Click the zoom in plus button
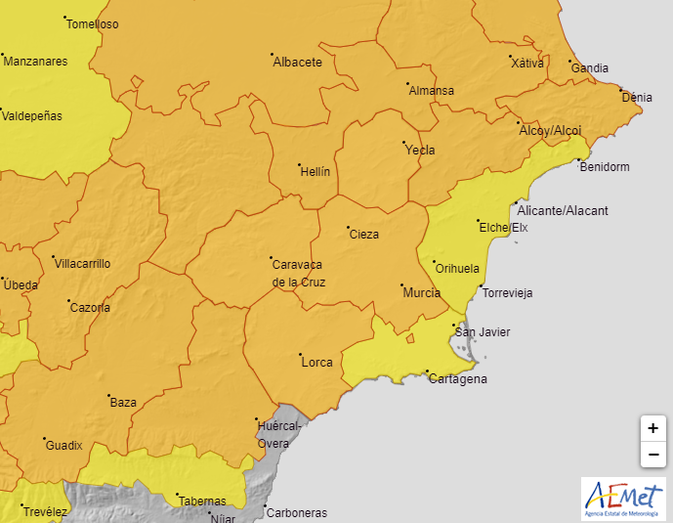652,428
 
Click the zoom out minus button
652,455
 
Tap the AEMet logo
623,499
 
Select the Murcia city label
421,292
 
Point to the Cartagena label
457,379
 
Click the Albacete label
297,62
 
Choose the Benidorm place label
605,167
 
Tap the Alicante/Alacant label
562,211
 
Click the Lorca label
316,363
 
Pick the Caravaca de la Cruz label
298,273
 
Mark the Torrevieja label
507,293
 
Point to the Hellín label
314,171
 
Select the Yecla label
420,151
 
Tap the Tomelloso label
94,24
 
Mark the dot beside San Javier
453,327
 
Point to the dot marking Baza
107,397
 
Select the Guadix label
63,446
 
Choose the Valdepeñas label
31,116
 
